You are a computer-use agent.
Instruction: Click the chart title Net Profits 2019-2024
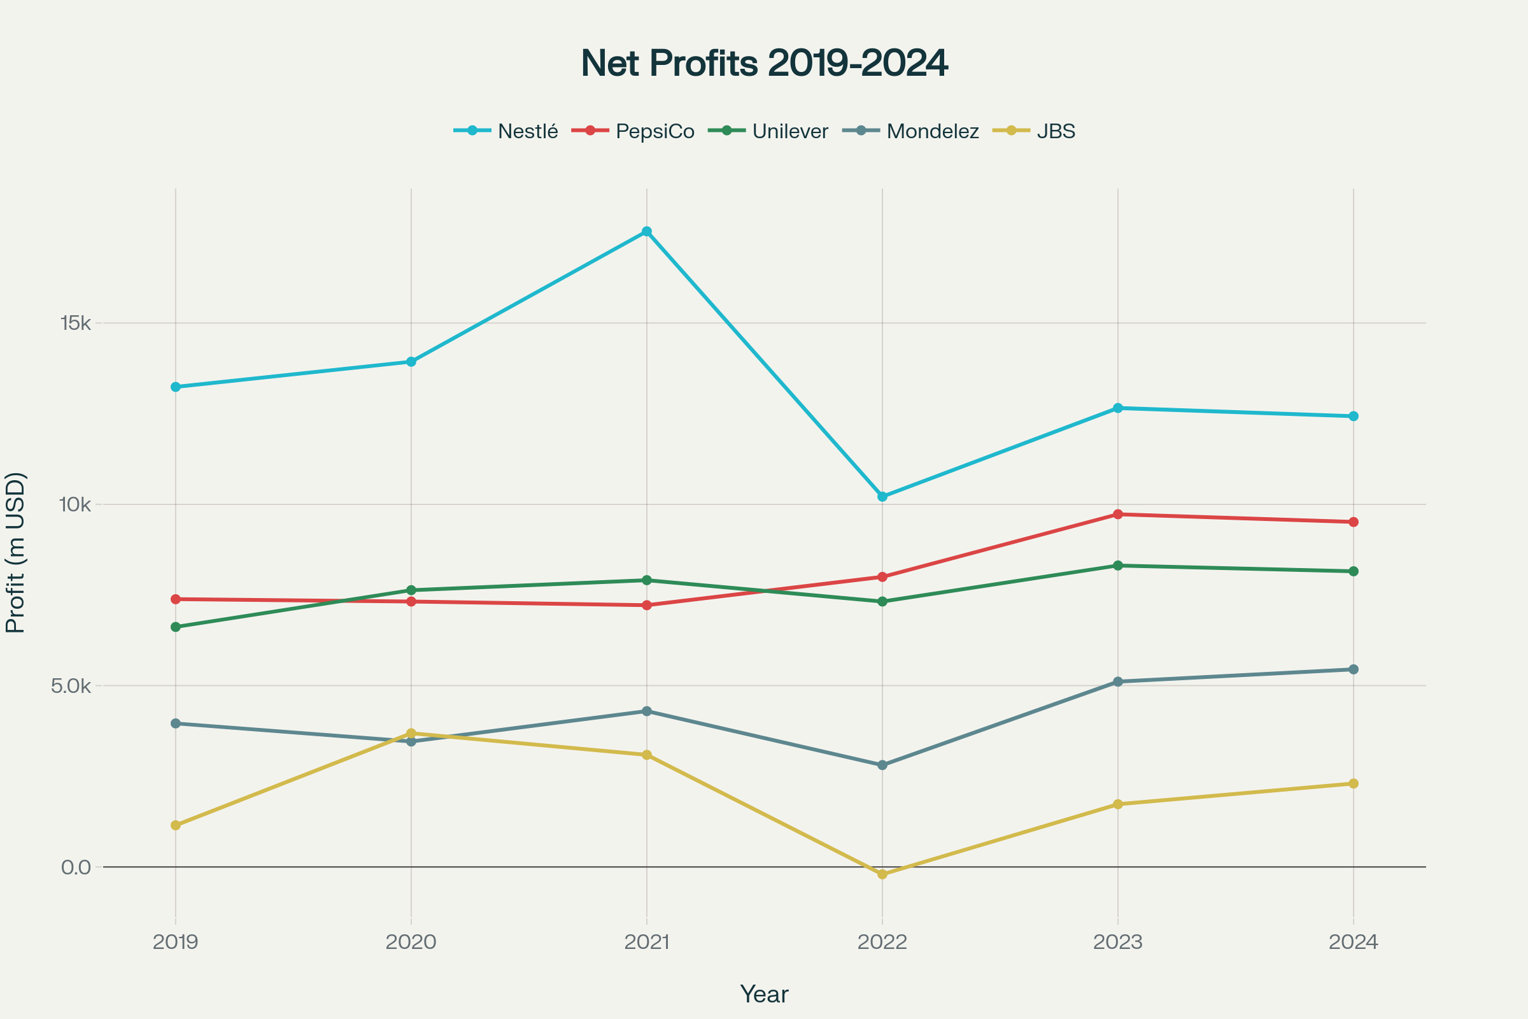[764, 63]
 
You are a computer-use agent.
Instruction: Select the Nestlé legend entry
[506, 131]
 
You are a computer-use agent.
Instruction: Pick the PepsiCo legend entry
[633, 131]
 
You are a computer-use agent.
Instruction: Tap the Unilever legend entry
[768, 131]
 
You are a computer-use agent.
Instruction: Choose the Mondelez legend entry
[911, 131]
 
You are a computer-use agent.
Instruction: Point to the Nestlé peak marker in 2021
[646, 231]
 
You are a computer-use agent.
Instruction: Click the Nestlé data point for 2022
[882, 497]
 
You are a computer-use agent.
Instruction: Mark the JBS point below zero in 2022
[882, 874]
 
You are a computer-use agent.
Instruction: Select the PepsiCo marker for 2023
[1118, 514]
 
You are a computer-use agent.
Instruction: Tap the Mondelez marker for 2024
[1354, 669]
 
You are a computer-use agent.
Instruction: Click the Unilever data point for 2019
[176, 627]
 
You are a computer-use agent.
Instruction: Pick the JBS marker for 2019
[176, 825]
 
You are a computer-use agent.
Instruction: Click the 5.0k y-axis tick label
[71, 686]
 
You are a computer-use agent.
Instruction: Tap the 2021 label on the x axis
[646, 942]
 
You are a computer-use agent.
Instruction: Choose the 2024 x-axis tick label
[1354, 942]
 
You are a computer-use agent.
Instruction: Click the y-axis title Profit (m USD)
[15, 552]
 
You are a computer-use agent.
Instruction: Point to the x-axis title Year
[764, 994]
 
